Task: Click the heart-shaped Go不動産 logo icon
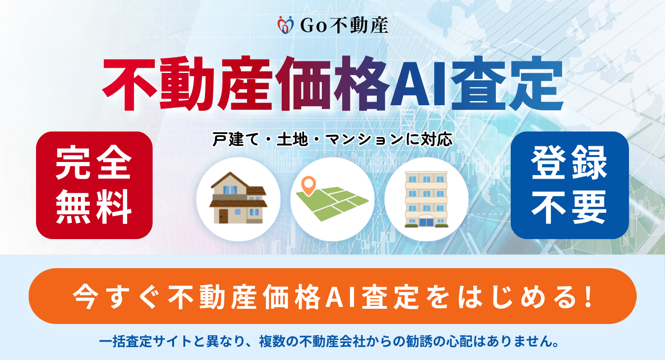coord(285,24)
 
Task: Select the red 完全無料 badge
coord(94,185)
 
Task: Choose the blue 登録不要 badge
coord(569,185)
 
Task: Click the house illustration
coord(238,198)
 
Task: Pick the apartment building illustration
coord(426,199)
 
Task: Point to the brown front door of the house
coord(223,216)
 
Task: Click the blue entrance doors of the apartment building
coord(426,222)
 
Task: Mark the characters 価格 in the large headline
coord(332,83)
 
